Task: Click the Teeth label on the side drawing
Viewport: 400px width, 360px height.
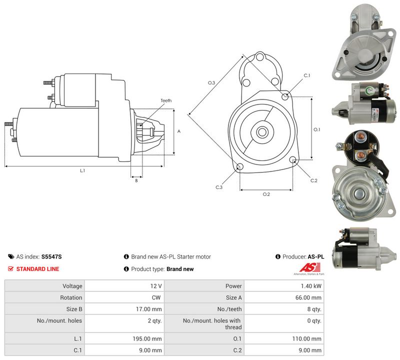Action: coord(166,100)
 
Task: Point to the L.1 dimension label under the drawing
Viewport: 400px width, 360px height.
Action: coord(82,170)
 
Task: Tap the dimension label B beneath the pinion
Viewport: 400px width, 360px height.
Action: coord(136,180)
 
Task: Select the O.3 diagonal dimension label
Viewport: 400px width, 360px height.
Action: coord(211,82)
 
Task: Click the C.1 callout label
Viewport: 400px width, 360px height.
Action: coord(307,75)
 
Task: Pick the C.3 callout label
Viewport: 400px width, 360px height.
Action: coord(219,187)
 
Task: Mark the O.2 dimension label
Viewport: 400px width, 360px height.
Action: coord(266,194)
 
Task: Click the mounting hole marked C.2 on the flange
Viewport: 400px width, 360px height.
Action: coord(293,160)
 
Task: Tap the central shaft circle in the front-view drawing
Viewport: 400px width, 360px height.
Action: coord(261,132)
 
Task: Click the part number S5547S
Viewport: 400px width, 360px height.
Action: coord(51,256)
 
